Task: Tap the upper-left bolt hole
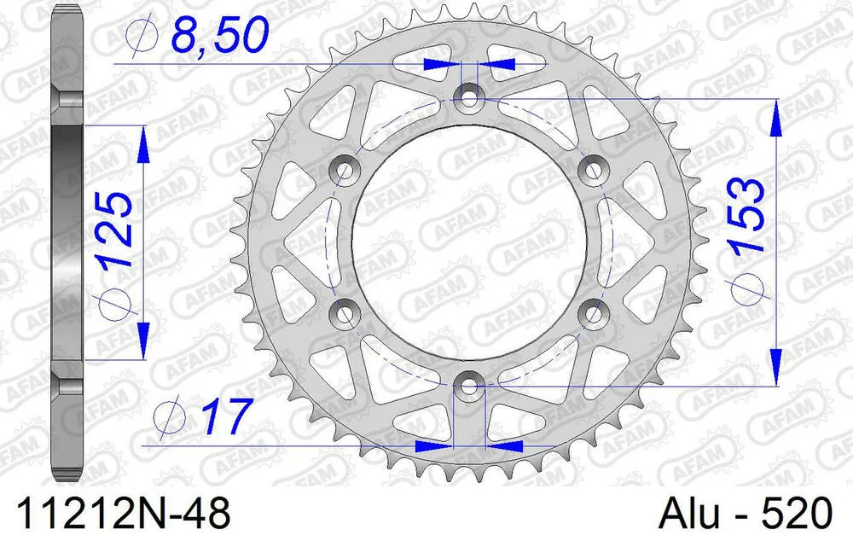[345, 170]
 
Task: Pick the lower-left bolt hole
[345, 315]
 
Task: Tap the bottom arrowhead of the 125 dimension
[143, 336]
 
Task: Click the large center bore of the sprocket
[467, 242]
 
